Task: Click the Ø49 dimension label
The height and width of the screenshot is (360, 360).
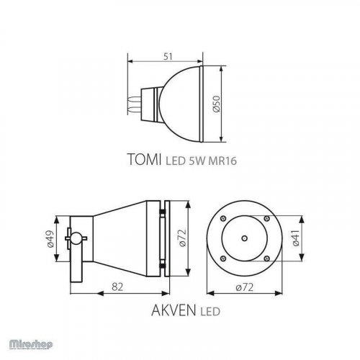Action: click(50, 237)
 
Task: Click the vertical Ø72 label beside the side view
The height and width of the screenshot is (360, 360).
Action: click(183, 237)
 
